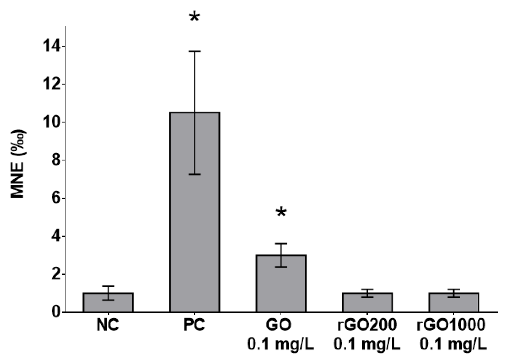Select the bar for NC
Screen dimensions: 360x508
point(108,302)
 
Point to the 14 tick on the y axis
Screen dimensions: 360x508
point(52,46)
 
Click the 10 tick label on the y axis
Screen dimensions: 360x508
point(52,122)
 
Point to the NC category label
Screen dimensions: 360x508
point(108,325)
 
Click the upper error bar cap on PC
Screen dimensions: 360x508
point(194,51)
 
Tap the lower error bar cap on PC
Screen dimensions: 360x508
point(194,174)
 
